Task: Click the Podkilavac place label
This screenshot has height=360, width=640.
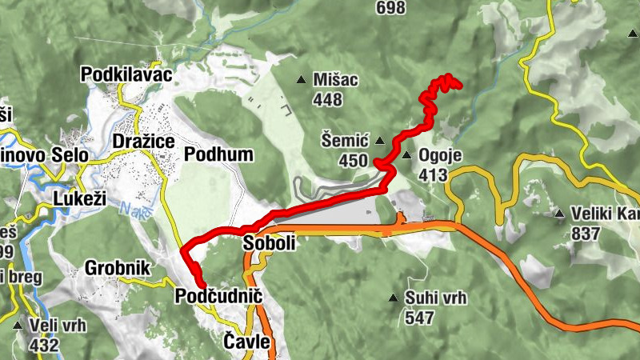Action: click(127, 74)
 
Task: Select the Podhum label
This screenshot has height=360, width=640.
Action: click(218, 154)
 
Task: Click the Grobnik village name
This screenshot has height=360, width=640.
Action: click(117, 268)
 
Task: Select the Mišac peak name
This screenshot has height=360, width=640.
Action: click(336, 80)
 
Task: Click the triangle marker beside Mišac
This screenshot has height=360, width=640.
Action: click(302, 79)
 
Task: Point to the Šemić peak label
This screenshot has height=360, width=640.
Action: click(346, 142)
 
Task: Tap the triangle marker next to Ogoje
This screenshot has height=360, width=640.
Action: click(406, 155)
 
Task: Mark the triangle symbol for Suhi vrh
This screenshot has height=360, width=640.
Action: click(393, 298)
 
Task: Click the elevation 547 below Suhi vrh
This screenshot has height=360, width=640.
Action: click(419, 318)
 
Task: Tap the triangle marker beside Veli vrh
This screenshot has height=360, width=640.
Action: click(18, 326)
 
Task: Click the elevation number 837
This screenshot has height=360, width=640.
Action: click(586, 234)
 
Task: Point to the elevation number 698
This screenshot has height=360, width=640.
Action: click(391, 9)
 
